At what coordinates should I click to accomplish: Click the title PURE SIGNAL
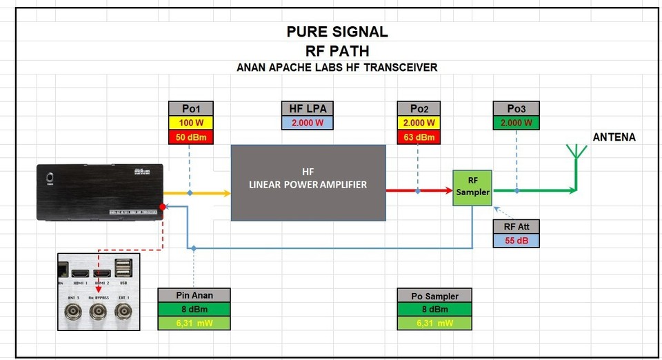(x=337, y=32)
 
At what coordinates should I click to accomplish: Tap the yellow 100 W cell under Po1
(x=191, y=123)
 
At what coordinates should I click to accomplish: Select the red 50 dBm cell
(x=191, y=137)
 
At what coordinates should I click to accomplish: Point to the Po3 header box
(x=516, y=109)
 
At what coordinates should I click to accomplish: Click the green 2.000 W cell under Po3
(x=516, y=123)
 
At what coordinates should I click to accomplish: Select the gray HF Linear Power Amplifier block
(x=308, y=183)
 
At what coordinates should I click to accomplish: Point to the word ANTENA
(x=614, y=137)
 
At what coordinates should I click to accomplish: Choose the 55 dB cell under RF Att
(x=516, y=241)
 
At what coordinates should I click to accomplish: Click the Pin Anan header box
(x=194, y=295)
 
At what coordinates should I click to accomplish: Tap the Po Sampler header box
(x=434, y=296)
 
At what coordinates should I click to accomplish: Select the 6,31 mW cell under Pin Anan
(x=194, y=323)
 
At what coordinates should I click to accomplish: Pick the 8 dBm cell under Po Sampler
(x=434, y=309)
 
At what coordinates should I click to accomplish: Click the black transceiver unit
(x=100, y=192)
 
